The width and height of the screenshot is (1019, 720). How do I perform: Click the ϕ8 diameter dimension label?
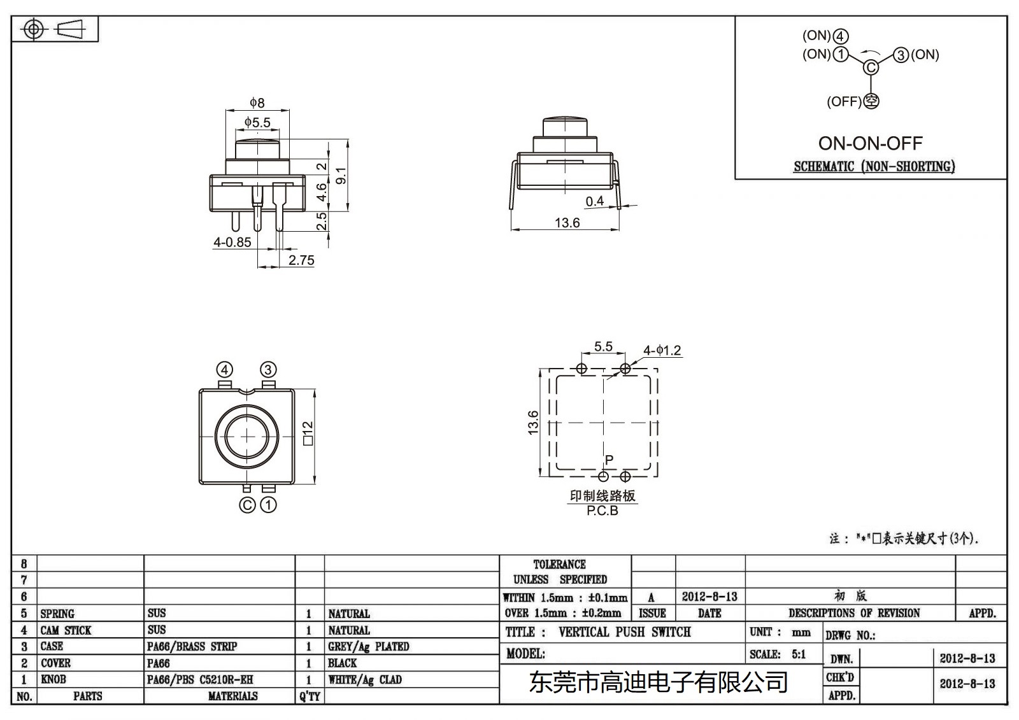257,102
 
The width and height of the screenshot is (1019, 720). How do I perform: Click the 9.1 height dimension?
341,176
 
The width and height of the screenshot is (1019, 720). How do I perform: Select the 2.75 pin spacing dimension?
301,260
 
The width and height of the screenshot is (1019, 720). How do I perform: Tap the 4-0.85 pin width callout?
232,243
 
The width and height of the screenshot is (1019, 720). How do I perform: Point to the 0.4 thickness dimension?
594,202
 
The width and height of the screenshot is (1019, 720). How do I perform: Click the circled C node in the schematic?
871,67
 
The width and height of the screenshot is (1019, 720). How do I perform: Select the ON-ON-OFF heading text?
870,143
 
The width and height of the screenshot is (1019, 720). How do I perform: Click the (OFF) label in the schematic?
844,102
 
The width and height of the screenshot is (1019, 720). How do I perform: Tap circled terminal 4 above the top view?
224,370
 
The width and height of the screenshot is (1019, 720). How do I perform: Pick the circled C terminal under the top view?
247,505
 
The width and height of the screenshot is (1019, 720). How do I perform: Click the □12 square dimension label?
308,434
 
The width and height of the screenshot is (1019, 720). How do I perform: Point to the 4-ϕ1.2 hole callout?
662,351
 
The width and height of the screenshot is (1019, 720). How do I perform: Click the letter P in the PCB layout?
609,460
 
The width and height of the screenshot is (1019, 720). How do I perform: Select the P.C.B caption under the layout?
602,511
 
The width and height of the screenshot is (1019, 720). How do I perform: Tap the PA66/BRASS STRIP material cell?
192,647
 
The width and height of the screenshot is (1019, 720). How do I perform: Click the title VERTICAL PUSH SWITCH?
624,632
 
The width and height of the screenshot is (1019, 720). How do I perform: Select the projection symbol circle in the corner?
34,29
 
